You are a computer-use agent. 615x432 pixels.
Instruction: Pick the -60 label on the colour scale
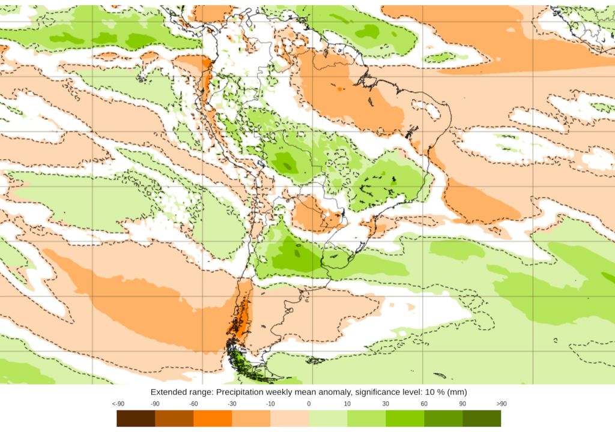click(193, 404)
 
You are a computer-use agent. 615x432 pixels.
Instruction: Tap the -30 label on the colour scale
click(232, 404)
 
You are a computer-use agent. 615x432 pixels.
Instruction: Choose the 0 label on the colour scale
click(309, 404)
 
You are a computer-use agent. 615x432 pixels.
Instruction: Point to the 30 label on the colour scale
click(386, 404)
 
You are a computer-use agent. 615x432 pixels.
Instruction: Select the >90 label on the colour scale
click(501, 404)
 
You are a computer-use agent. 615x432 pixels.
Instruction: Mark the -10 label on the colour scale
click(270, 404)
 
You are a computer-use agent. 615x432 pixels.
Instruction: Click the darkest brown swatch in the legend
click(136, 418)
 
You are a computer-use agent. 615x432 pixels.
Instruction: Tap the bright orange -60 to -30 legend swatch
click(213, 418)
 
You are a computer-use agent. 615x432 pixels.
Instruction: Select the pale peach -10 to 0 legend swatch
click(289, 418)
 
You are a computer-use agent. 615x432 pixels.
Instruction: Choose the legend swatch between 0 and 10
click(328, 418)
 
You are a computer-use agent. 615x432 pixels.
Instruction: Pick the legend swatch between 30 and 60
click(405, 418)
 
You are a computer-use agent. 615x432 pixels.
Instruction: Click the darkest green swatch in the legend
click(482, 418)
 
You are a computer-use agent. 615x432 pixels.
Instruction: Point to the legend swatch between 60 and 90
click(443, 418)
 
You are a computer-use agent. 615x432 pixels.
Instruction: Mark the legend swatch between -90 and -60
click(174, 418)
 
